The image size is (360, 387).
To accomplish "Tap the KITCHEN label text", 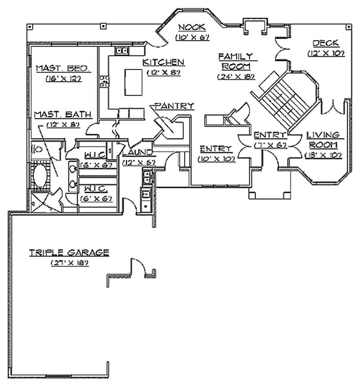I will tap(163, 62).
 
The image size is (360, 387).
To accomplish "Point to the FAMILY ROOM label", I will tap(235, 61).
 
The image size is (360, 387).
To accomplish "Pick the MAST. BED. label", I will tap(63, 68).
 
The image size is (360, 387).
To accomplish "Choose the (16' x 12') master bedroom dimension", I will tap(63, 78).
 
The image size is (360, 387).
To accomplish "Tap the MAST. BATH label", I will tap(63, 114).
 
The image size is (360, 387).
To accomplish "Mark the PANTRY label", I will tap(174, 106).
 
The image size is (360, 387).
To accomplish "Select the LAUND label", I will tap(138, 153).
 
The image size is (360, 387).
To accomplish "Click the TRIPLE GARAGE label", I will tap(69, 253).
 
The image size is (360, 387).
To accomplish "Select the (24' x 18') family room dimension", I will tap(235, 77).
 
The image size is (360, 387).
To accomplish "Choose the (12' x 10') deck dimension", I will tap(326, 53).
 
